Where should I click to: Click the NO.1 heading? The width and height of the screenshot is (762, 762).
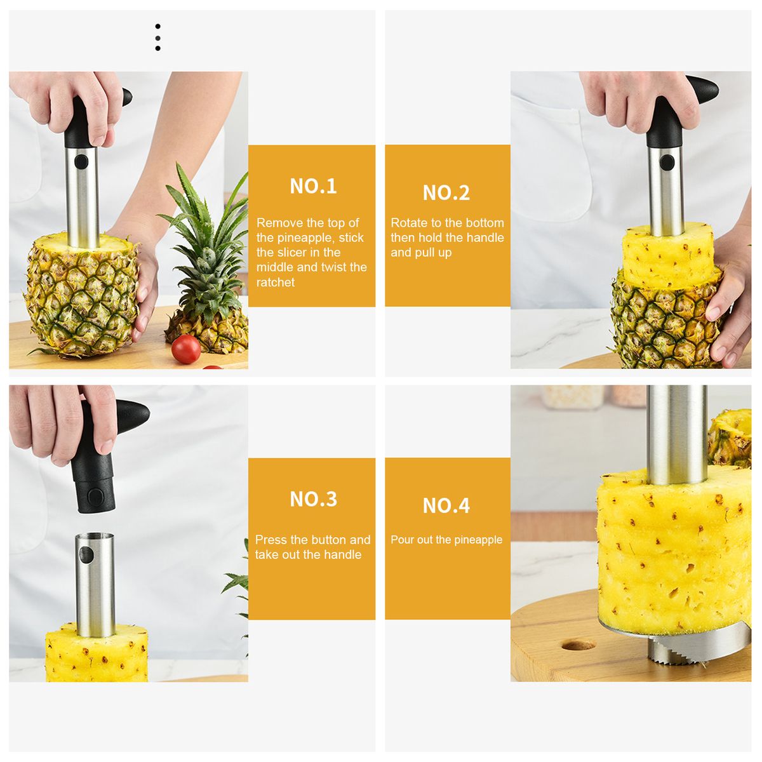click(313, 186)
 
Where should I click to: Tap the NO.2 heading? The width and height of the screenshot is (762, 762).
click(446, 192)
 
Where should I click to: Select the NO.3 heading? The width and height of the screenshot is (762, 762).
click(313, 499)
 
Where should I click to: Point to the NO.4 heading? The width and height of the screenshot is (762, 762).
click(446, 505)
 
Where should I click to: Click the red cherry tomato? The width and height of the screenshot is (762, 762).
click(186, 349)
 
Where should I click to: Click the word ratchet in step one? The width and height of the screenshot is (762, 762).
click(275, 283)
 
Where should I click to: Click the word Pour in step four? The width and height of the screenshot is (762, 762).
click(401, 540)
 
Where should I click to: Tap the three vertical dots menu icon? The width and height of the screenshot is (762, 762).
click(157, 37)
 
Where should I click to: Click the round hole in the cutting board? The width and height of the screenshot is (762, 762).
click(578, 646)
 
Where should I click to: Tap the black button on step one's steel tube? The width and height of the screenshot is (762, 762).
click(81, 161)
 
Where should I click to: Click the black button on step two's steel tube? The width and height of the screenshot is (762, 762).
click(667, 162)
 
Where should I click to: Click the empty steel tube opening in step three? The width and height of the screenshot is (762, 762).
click(95, 536)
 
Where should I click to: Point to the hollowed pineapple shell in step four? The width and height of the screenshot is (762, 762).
click(730, 436)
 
